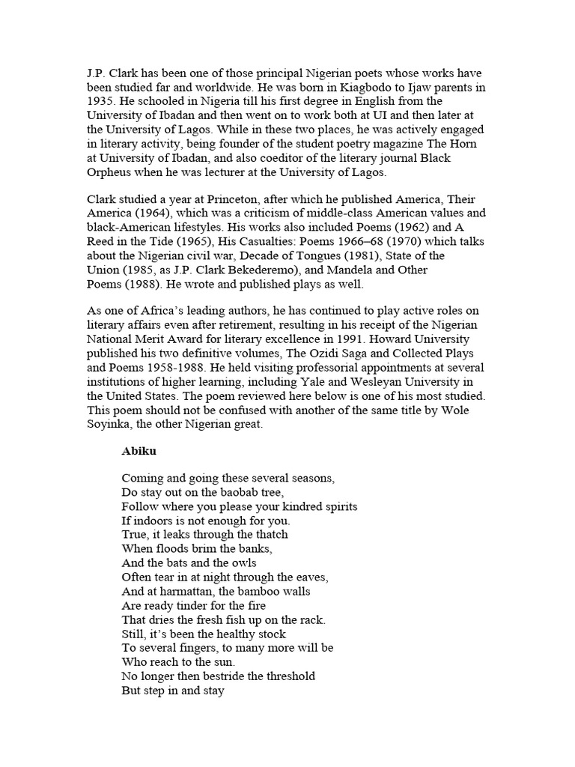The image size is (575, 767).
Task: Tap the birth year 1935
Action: (101, 101)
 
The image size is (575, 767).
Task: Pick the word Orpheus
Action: (110, 172)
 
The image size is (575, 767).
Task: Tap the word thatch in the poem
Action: (270, 535)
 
